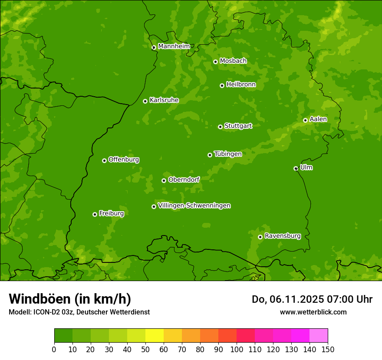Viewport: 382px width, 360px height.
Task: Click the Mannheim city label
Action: click(x=174, y=46)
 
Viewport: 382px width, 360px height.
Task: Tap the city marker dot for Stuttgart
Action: click(x=220, y=127)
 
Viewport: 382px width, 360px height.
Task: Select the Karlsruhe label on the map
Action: click(x=164, y=100)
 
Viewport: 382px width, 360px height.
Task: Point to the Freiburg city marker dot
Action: click(x=95, y=214)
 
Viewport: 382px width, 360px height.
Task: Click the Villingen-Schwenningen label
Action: click(x=194, y=206)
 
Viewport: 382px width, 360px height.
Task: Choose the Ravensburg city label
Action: click(x=283, y=236)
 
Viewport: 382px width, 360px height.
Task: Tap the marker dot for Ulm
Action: click(x=296, y=168)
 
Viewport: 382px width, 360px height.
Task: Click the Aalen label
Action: click(x=318, y=119)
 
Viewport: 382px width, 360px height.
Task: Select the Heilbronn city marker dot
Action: click(x=222, y=85)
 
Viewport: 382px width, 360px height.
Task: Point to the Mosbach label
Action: click(x=233, y=61)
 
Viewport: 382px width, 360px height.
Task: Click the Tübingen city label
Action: click(x=228, y=154)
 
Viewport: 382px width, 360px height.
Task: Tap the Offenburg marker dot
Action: click(x=104, y=160)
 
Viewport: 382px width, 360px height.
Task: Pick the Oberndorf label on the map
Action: click(x=184, y=180)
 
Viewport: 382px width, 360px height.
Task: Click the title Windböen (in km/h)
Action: click(x=70, y=299)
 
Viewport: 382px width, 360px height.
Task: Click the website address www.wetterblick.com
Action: click(x=313, y=312)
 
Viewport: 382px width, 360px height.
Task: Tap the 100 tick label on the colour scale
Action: click(x=237, y=350)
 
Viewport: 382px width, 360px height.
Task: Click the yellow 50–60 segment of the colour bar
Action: click(x=155, y=335)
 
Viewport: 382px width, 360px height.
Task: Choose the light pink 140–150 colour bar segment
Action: click(x=319, y=335)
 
